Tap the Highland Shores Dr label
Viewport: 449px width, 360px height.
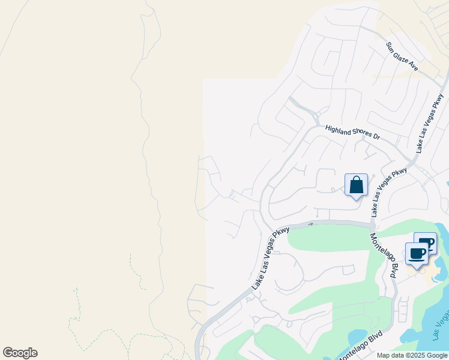coord(353,133)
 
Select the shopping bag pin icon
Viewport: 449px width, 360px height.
coord(356,185)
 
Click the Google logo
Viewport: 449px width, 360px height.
coord(20,353)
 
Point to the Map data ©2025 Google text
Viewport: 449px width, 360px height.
coord(412,355)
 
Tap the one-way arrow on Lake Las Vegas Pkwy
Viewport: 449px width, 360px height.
coord(310,224)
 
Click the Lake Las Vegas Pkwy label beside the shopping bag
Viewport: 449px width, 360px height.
coord(388,192)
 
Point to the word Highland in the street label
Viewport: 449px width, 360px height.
coord(338,130)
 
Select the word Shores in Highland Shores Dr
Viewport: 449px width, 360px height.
coord(361,134)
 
